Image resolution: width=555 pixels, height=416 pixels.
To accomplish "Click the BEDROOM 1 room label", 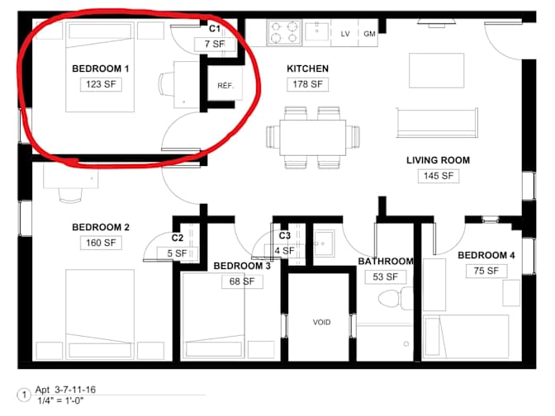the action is click(x=101, y=69).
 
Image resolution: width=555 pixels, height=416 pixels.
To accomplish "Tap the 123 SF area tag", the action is click(x=101, y=84).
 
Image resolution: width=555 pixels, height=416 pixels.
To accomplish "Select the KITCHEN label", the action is click(x=307, y=69).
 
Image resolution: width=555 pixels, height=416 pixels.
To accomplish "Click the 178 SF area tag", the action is click(x=307, y=84).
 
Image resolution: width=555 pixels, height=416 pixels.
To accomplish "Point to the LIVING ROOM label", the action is click(x=439, y=160).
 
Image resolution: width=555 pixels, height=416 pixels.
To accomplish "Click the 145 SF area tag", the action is click(x=439, y=176).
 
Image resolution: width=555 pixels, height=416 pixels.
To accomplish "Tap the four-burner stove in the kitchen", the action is click(x=284, y=32).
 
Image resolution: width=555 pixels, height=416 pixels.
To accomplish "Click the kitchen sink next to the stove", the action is click(x=316, y=31).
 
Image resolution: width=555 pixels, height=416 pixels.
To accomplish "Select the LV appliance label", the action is click(x=345, y=34).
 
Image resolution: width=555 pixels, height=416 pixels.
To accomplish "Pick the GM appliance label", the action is click(x=369, y=34).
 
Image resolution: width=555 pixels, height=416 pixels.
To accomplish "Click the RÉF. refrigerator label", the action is click(x=225, y=86).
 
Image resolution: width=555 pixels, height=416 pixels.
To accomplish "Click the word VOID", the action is click(x=322, y=322).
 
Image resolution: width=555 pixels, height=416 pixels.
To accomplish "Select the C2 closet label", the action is click(x=178, y=238).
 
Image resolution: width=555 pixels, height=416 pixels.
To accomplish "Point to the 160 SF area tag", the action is click(x=101, y=243).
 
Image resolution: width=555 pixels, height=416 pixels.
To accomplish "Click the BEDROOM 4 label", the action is click(x=486, y=255).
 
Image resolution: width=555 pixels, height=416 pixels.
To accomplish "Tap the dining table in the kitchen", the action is click(x=312, y=138).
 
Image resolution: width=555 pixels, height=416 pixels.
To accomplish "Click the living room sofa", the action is click(x=437, y=123).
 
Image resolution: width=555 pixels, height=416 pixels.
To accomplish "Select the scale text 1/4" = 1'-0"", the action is click(x=60, y=401).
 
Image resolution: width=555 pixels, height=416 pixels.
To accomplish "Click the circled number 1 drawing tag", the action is click(x=25, y=395).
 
